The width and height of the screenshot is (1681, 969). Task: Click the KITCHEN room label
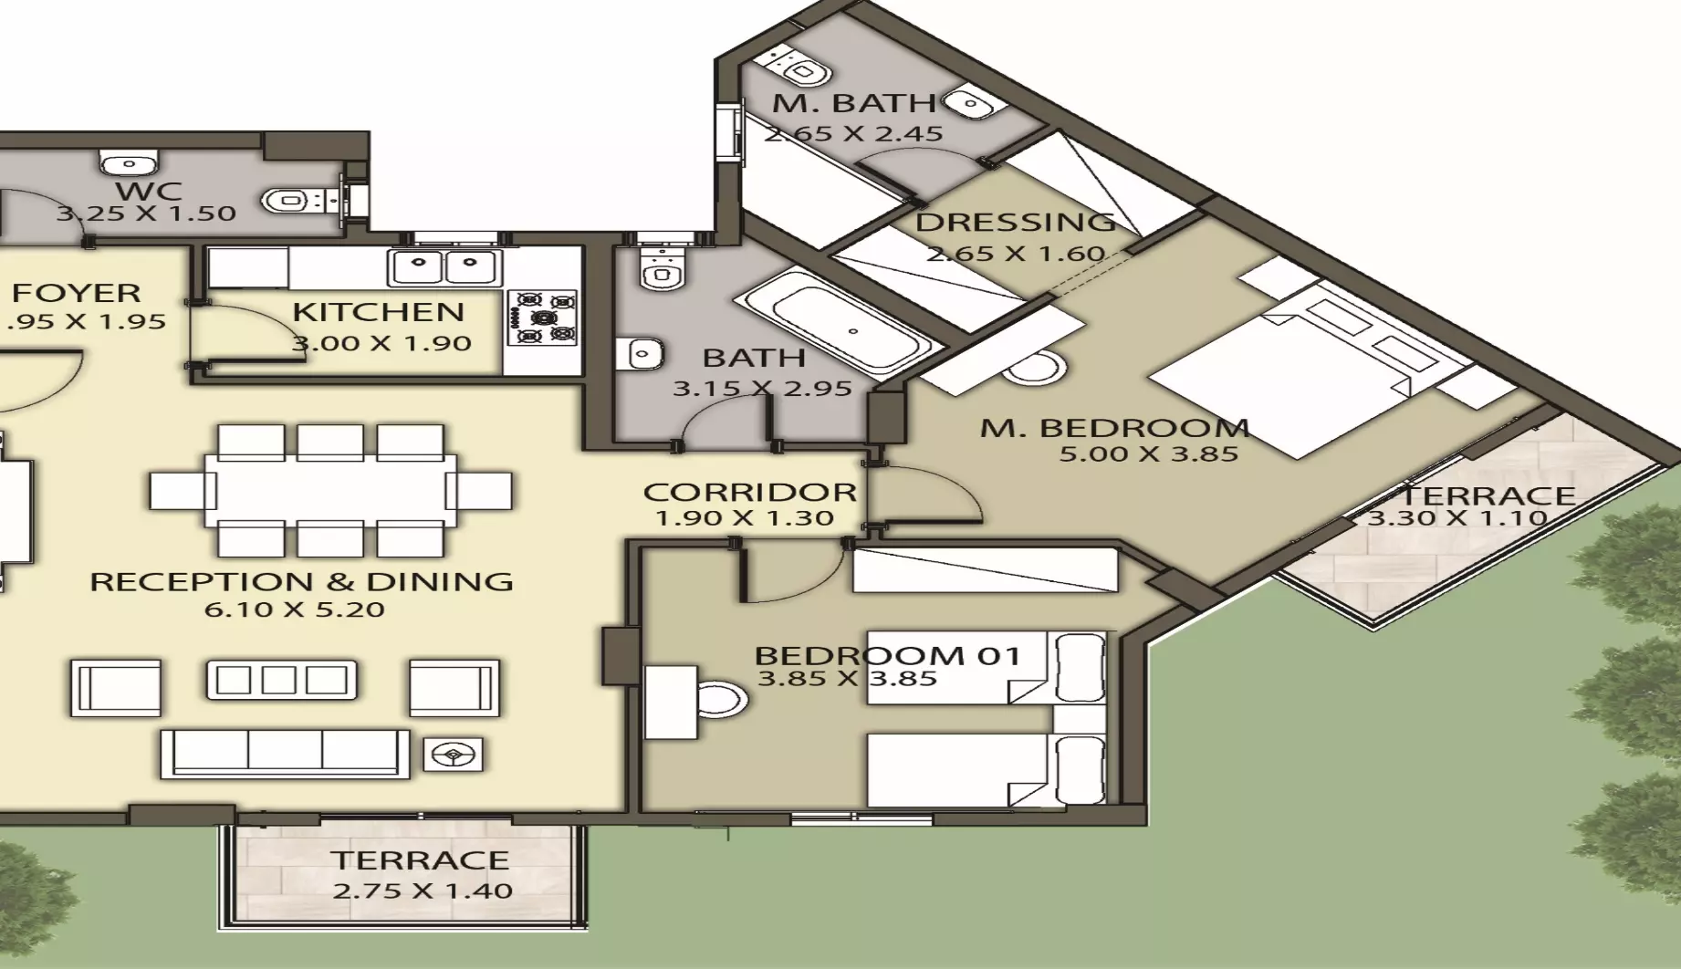point(378,312)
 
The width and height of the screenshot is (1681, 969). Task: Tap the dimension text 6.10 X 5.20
point(294,610)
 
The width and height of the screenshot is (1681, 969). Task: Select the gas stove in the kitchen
point(542,318)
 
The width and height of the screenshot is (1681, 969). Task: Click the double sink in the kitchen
point(444,268)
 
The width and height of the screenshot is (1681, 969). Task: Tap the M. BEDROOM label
point(1114,427)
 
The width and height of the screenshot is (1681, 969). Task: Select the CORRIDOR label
point(749,493)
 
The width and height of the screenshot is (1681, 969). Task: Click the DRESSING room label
point(1015,222)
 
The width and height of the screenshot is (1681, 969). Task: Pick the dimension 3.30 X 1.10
point(1457,518)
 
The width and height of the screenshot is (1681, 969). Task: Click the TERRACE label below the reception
point(420,860)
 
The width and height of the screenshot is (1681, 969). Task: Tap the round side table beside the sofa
point(452,755)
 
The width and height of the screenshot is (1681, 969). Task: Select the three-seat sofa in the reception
point(285,753)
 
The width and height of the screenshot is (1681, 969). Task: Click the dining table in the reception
point(330,490)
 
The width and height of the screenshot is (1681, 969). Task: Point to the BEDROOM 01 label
point(886,655)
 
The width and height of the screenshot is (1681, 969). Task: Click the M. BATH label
point(853,103)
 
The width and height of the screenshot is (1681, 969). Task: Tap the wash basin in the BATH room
point(644,352)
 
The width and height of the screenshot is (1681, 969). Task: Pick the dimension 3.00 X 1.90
point(381,344)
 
